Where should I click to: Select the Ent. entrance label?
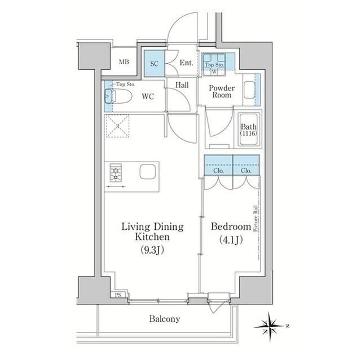(x=187, y=63)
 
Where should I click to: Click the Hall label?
(x=182, y=85)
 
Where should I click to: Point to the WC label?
(x=148, y=96)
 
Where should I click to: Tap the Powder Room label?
(x=221, y=92)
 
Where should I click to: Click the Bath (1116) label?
(x=249, y=131)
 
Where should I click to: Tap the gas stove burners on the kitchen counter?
(x=117, y=172)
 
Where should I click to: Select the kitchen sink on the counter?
(x=148, y=171)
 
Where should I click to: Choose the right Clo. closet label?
(x=246, y=170)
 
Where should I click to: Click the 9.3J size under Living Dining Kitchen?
(x=153, y=251)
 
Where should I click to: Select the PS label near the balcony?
(x=117, y=295)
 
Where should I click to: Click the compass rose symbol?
(x=272, y=325)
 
